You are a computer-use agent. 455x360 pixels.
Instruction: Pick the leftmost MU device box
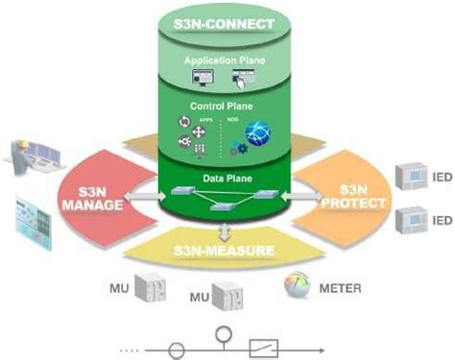pos(151,287)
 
